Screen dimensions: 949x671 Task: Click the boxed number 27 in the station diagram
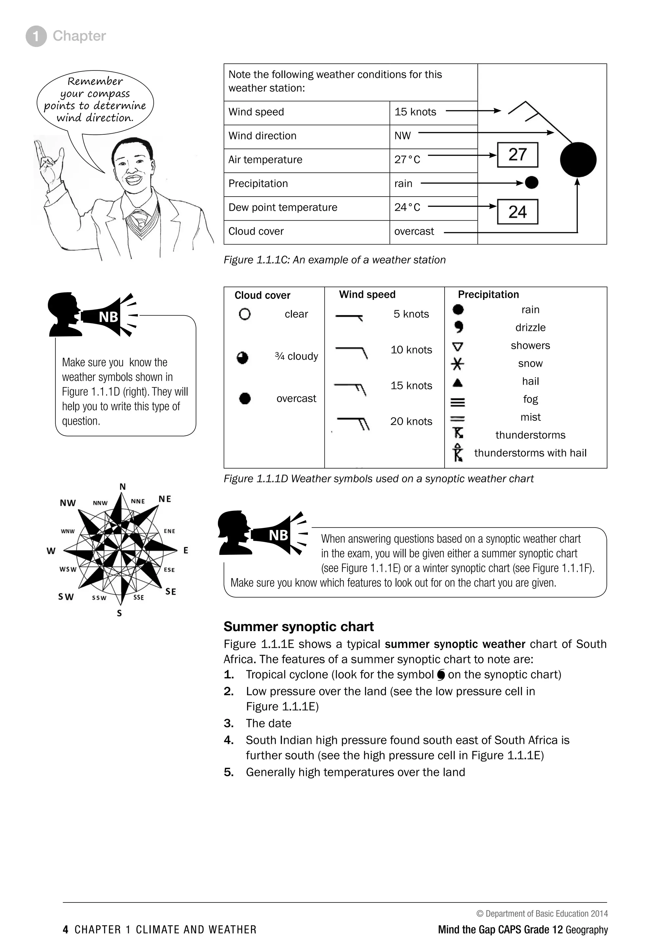tap(517, 155)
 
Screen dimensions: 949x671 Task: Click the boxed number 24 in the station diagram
tap(517, 212)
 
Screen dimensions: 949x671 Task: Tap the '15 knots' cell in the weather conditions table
tap(415, 112)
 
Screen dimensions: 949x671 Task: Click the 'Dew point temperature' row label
tap(283, 207)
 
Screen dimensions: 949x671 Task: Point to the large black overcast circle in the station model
tap(578, 160)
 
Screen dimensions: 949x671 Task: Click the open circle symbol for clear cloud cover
tap(245, 314)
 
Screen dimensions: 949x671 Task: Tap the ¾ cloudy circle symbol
tap(242, 357)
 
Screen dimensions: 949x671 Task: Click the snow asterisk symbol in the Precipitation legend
tap(457, 364)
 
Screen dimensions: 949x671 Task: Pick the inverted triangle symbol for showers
tap(457, 346)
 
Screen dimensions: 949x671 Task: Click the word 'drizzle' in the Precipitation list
tap(530, 328)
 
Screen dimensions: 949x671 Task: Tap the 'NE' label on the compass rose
tap(165, 499)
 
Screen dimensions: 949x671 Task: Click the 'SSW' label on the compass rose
tap(99, 598)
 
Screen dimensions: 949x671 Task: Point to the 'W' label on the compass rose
tap(51, 551)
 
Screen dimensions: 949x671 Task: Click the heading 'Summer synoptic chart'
tap(298, 627)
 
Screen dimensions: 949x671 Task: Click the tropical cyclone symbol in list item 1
tap(441, 675)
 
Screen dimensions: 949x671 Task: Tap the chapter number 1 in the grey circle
tap(36, 36)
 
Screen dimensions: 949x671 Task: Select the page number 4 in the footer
tap(65, 930)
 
